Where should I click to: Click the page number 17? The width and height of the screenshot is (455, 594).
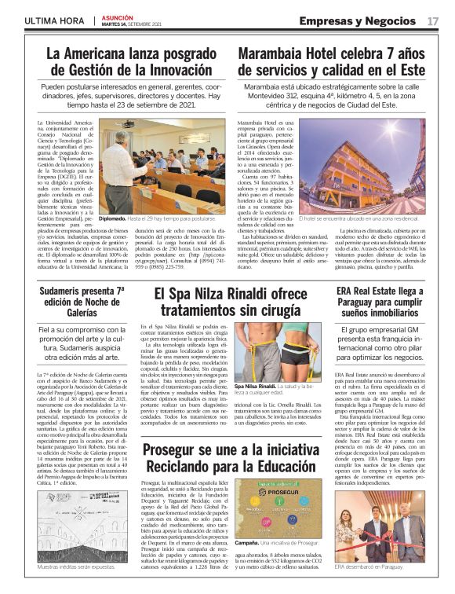(x=433, y=20)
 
